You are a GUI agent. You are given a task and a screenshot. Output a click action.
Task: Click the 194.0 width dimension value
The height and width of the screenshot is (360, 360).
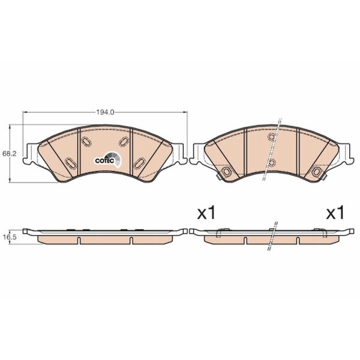click(x=105, y=112)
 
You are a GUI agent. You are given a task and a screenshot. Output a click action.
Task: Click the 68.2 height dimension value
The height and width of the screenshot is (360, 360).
click(x=10, y=154)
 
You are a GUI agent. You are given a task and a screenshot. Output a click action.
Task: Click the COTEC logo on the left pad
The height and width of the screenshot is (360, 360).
click(x=107, y=159)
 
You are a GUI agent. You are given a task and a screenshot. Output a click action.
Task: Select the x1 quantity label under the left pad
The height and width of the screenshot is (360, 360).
click(x=206, y=213)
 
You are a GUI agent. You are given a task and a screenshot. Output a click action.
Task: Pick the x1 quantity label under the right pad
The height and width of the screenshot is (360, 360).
click(x=335, y=213)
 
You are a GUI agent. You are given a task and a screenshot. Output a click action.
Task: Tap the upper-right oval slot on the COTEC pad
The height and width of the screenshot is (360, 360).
click(x=124, y=142)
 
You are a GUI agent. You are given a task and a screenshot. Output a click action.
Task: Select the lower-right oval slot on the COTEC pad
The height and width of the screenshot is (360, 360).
click(x=139, y=164)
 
